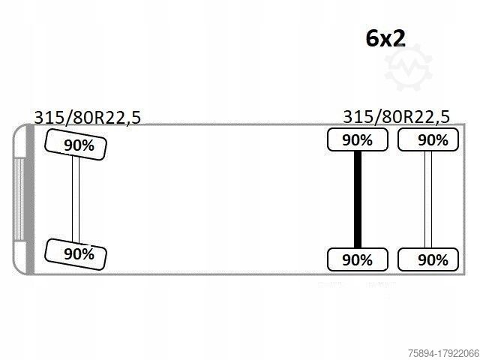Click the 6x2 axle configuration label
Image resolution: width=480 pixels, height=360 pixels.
385,38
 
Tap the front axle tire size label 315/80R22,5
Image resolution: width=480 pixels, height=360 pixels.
88,118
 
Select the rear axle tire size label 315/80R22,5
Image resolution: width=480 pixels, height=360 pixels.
397,117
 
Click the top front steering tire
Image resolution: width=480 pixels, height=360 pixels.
76,145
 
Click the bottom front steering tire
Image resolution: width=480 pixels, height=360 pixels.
76,254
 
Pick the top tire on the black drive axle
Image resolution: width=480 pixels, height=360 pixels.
358,139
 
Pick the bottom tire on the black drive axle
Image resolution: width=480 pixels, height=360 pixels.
358,259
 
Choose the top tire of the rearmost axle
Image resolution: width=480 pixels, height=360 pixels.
428,139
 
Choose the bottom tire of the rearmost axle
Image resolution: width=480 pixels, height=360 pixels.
428,259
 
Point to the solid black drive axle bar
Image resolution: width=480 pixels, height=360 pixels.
358,199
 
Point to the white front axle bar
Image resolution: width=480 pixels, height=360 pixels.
76,199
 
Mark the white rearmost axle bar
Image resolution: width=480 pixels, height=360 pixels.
428,199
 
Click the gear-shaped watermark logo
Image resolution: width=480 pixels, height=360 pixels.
408,67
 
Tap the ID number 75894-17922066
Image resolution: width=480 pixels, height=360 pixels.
443,353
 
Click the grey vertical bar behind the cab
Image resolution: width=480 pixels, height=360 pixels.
30,199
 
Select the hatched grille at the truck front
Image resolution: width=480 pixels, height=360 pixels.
19,199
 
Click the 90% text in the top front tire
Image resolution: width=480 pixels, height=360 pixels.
79,145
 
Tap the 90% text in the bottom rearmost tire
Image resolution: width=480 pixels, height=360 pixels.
433,260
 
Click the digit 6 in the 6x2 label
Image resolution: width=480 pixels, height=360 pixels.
372,38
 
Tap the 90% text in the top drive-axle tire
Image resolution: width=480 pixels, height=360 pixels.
357,140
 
